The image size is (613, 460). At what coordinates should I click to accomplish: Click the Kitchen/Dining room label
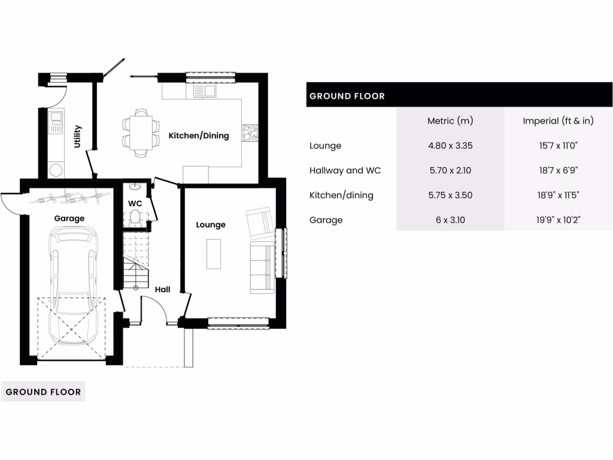tap(199, 136)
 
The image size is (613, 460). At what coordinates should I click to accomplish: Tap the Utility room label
tap(77, 136)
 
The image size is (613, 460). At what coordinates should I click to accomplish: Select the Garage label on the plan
tap(69, 219)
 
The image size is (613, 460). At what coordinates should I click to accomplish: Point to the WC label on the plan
tap(135, 204)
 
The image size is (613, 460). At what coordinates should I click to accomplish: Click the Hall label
tap(162, 290)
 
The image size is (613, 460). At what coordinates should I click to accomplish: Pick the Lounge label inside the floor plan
tap(211, 225)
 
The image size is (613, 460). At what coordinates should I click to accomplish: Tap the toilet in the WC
tap(136, 217)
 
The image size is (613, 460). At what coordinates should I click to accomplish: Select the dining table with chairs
tap(141, 132)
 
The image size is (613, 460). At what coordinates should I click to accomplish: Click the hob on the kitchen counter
tap(250, 132)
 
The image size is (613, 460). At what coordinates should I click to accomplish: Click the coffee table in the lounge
tap(213, 254)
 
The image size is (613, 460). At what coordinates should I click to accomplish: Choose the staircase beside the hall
tap(135, 261)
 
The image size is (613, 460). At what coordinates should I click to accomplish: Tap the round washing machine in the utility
tap(56, 170)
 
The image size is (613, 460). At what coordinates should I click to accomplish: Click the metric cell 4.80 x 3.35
tap(450, 146)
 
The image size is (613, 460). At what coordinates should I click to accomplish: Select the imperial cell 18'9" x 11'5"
tap(558, 195)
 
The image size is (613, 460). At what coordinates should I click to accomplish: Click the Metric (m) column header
tap(450, 121)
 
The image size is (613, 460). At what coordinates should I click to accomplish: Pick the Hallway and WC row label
tap(345, 171)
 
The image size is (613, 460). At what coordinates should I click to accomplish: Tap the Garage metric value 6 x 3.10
tap(450, 220)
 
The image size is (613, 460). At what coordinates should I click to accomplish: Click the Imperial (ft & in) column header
tap(558, 121)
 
